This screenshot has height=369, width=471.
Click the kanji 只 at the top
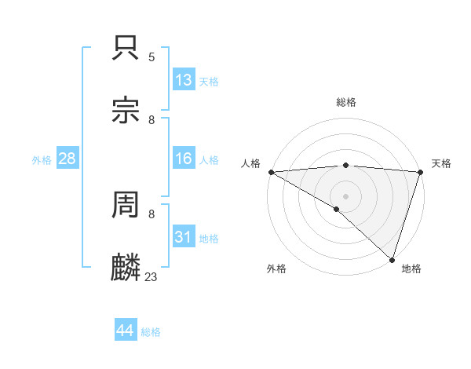[126, 49]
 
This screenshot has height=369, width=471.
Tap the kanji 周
[126, 206]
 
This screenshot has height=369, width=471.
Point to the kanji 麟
[126, 268]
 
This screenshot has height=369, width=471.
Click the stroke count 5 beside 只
[152, 57]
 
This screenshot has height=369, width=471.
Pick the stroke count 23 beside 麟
[152, 276]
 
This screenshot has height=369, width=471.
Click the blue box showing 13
[184, 80]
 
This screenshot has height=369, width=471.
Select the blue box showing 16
[184, 159]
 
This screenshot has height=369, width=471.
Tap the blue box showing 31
[184, 237]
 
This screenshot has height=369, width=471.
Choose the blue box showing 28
[68, 159]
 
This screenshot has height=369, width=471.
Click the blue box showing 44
[126, 331]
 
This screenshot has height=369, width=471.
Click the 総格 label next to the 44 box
[151, 332]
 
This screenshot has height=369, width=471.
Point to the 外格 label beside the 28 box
[42, 160]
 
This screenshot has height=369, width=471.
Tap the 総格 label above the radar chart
[345, 102]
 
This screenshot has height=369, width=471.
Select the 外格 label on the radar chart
[276, 269]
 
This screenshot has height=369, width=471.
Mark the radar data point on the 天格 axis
[420, 172]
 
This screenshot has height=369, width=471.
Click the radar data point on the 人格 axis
[271, 172]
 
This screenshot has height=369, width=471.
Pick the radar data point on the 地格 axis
[392, 260]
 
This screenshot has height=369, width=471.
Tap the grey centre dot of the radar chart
[345, 196]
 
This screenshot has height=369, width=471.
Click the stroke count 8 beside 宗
[152, 119]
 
